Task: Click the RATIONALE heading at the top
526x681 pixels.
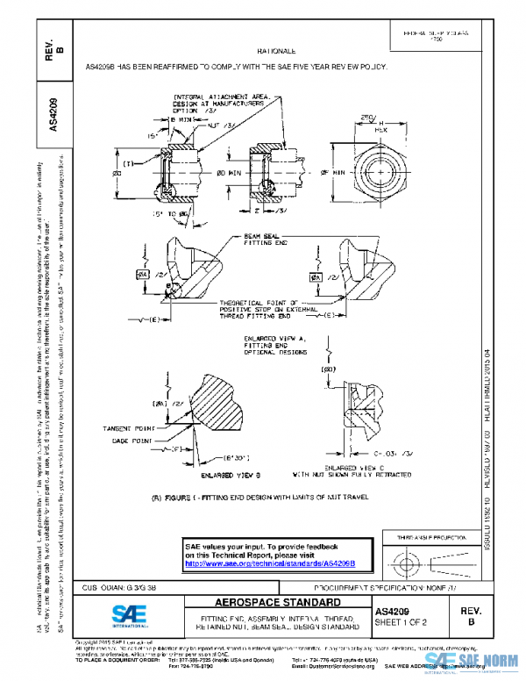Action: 276,52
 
